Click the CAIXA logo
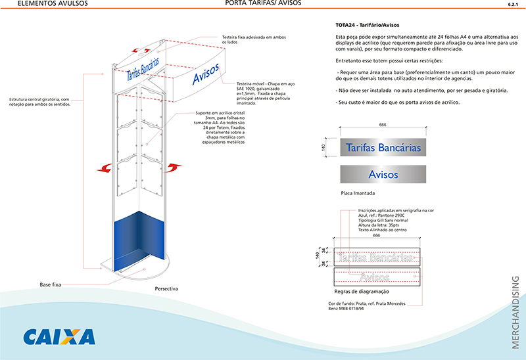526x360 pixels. [59, 336]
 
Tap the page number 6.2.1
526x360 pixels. [513, 4]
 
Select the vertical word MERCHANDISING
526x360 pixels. [514, 311]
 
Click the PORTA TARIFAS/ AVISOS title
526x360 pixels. [263, 3]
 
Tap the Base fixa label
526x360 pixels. [50, 285]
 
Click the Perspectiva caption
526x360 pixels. [166, 288]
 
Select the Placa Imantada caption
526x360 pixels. [358, 194]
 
